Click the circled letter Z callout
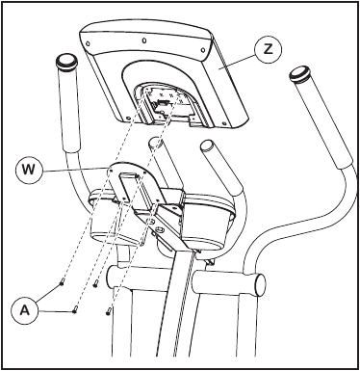click(269, 49)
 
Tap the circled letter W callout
click(29, 170)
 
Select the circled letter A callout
click(24, 310)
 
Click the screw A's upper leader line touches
click(63, 282)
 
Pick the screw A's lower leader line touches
click(74, 310)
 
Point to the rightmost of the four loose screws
click(108, 310)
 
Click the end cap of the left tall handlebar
click(67, 62)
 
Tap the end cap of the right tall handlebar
click(300, 75)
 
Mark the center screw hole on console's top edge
click(144, 40)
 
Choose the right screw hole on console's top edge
click(203, 49)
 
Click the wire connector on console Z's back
click(162, 104)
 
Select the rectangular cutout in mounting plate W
click(129, 180)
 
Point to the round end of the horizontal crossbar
click(261, 285)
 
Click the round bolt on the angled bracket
click(159, 229)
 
